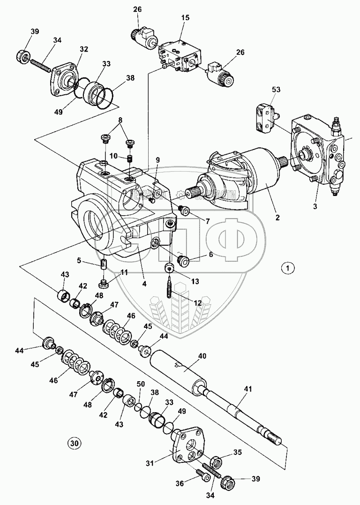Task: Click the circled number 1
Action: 288,268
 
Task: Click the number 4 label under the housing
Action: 145,284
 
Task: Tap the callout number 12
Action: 198,302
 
